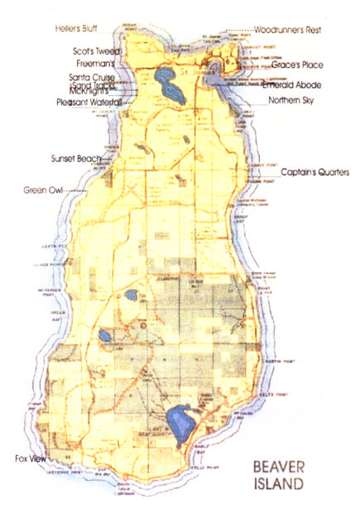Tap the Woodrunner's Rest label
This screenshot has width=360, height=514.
pos(286,29)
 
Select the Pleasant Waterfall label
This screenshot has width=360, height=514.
pos(89,103)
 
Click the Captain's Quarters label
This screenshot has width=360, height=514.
pos(315,172)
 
